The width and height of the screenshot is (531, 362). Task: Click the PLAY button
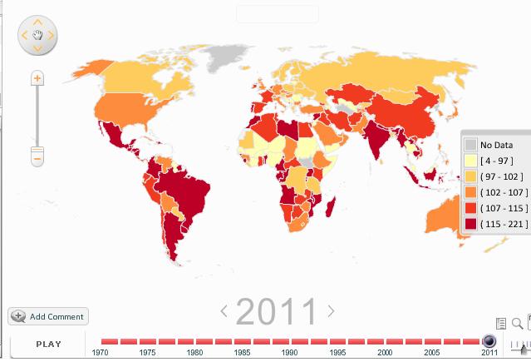coord(48,344)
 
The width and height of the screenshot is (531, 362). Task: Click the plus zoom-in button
coord(37,77)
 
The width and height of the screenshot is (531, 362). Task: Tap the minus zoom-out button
coord(37,155)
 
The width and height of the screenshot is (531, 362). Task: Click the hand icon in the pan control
coord(37,35)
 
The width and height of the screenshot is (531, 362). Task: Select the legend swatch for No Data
coord(470,145)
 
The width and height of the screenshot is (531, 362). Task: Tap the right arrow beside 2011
coord(331,311)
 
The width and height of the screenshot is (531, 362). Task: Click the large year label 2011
coord(277,312)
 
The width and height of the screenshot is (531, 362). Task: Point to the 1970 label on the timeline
coord(100,353)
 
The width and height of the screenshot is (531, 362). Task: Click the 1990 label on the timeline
coord(289,353)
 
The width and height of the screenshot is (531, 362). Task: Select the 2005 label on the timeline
coord(431,353)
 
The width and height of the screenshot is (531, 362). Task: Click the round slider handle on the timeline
coord(489,341)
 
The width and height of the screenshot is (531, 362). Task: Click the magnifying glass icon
coord(517,323)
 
